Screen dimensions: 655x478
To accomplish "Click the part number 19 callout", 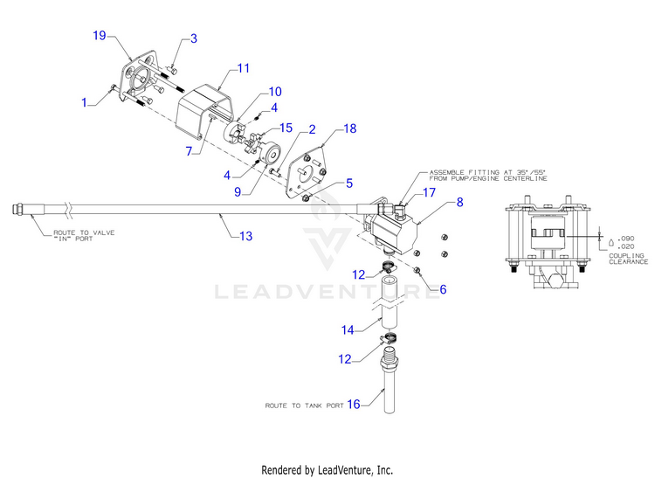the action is (x=100, y=36).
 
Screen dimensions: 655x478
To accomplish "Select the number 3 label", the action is (x=194, y=38).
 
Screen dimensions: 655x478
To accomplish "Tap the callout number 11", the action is (x=244, y=68).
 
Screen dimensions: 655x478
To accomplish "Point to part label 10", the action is (x=275, y=92).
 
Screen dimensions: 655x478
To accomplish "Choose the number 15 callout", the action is (x=286, y=128).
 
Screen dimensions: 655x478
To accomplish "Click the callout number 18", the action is (x=350, y=128).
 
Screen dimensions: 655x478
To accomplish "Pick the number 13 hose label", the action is (x=246, y=237).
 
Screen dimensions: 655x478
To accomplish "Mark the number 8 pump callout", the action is (x=460, y=202).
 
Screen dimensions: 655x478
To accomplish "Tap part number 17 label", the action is (x=429, y=192).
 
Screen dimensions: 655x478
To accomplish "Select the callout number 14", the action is (x=348, y=330).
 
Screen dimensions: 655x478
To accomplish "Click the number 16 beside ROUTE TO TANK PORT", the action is (x=354, y=405).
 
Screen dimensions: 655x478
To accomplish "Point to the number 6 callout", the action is (x=443, y=289).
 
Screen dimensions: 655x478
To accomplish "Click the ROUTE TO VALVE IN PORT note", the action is (x=84, y=236).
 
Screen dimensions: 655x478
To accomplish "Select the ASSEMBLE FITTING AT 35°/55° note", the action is (x=488, y=175).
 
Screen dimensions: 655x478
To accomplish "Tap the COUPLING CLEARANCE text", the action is (x=628, y=259).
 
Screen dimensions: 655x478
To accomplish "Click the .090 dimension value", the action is (x=626, y=239).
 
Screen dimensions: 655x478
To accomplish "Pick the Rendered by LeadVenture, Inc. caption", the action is (x=327, y=470).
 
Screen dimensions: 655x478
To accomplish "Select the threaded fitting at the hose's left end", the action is (x=19, y=208).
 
